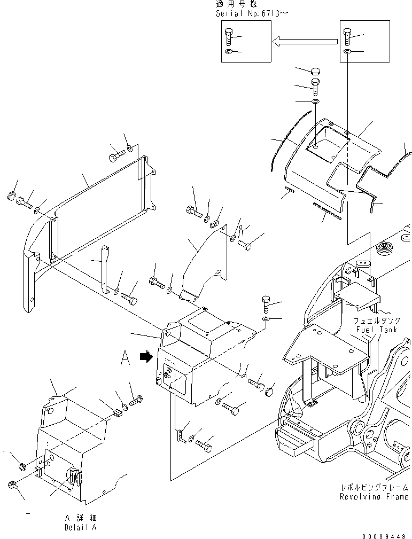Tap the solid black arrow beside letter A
click(x=145, y=358)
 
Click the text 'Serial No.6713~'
click(x=251, y=13)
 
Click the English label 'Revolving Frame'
click(x=374, y=497)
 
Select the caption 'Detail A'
click(x=81, y=527)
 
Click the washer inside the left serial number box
click(x=229, y=51)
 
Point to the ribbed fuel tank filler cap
click(x=384, y=249)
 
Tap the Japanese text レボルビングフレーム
click(x=374, y=488)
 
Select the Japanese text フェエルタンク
click(x=375, y=322)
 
